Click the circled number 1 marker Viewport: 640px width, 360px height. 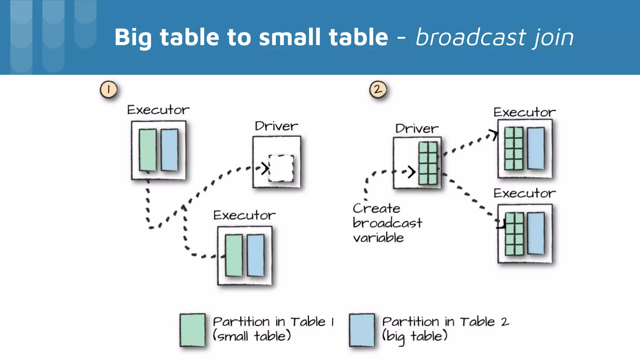click(x=108, y=90)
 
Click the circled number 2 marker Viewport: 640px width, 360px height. click(x=378, y=90)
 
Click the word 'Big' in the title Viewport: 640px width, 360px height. click(x=133, y=37)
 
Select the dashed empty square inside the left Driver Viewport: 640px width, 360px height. click(x=281, y=168)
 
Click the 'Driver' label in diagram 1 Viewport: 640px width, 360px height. click(x=276, y=126)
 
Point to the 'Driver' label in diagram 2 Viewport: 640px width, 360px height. click(x=417, y=128)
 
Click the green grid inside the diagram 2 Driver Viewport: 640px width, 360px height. click(x=428, y=163)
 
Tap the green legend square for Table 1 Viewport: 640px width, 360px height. click(x=192, y=330)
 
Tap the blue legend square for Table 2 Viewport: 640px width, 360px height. click(x=362, y=330)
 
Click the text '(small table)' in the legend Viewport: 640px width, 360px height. click(x=252, y=336)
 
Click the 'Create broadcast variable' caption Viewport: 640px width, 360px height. click(x=387, y=223)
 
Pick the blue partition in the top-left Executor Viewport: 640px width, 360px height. click(x=170, y=150)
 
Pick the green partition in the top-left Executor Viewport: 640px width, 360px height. click(x=147, y=150)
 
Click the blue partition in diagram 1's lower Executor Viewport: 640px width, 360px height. click(x=256, y=255)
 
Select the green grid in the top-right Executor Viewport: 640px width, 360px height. click(x=513, y=148)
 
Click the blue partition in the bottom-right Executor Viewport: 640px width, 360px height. click(x=536, y=233)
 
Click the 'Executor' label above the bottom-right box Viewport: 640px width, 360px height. click(x=524, y=193)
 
